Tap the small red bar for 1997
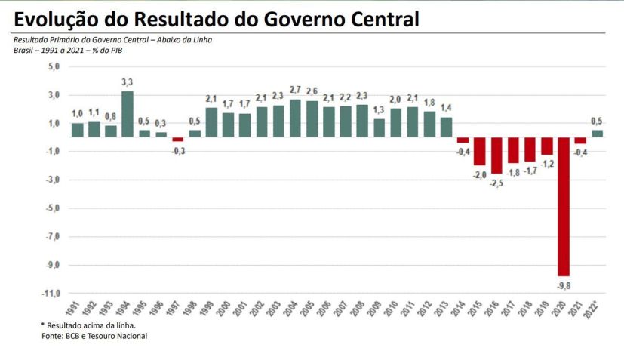[x=177, y=140]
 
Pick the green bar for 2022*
[x=597, y=134]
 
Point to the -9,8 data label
[x=564, y=285]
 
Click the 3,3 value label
[x=128, y=82]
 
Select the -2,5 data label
[x=496, y=182]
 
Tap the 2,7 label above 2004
[x=295, y=90]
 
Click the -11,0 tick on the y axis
[x=51, y=293]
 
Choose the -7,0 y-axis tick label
[x=52, y=236]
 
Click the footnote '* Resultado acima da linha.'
[x=87, y=325]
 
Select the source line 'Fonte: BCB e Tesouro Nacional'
[x=94, y=336]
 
